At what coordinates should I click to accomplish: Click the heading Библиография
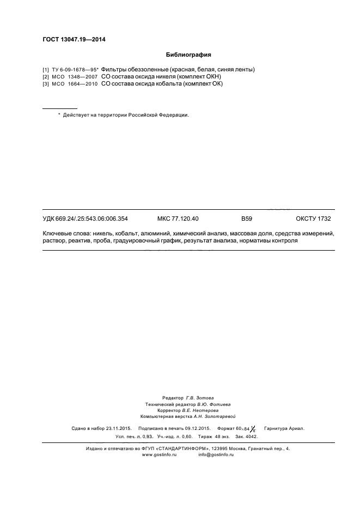(188, 55)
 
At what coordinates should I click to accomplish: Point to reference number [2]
(45, 77)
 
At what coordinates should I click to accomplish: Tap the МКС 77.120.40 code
(178, 219)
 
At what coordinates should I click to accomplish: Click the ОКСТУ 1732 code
(313, 219)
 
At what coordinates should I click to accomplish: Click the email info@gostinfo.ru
(216, 454)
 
